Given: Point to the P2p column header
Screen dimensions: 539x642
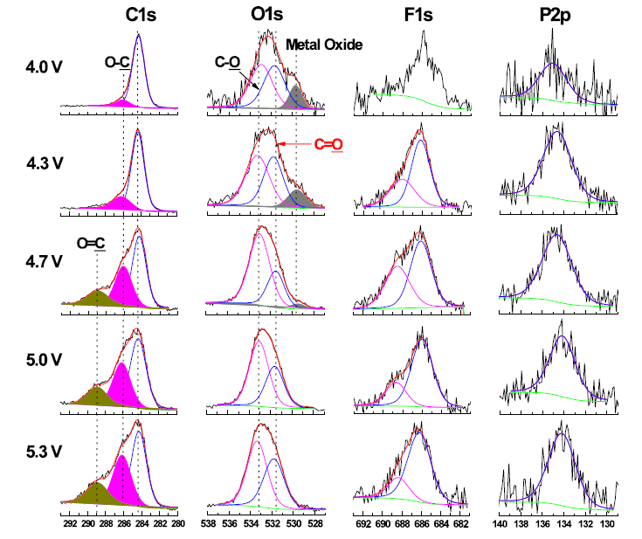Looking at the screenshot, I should click(557, 15).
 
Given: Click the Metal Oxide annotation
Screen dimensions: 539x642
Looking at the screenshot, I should click(323, 45).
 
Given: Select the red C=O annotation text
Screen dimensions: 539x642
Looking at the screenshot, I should click(329, 144).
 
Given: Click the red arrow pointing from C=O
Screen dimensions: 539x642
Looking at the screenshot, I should click(294, 144).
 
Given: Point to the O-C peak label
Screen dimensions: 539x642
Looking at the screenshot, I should click(118, 61).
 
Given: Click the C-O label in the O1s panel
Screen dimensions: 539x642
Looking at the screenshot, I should click(229, 63).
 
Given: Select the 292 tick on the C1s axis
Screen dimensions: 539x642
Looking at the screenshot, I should click(70, 525).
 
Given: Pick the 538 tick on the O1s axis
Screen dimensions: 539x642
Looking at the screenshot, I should click(208, 525).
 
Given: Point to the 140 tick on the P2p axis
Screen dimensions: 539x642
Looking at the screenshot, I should click(500, 525).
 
